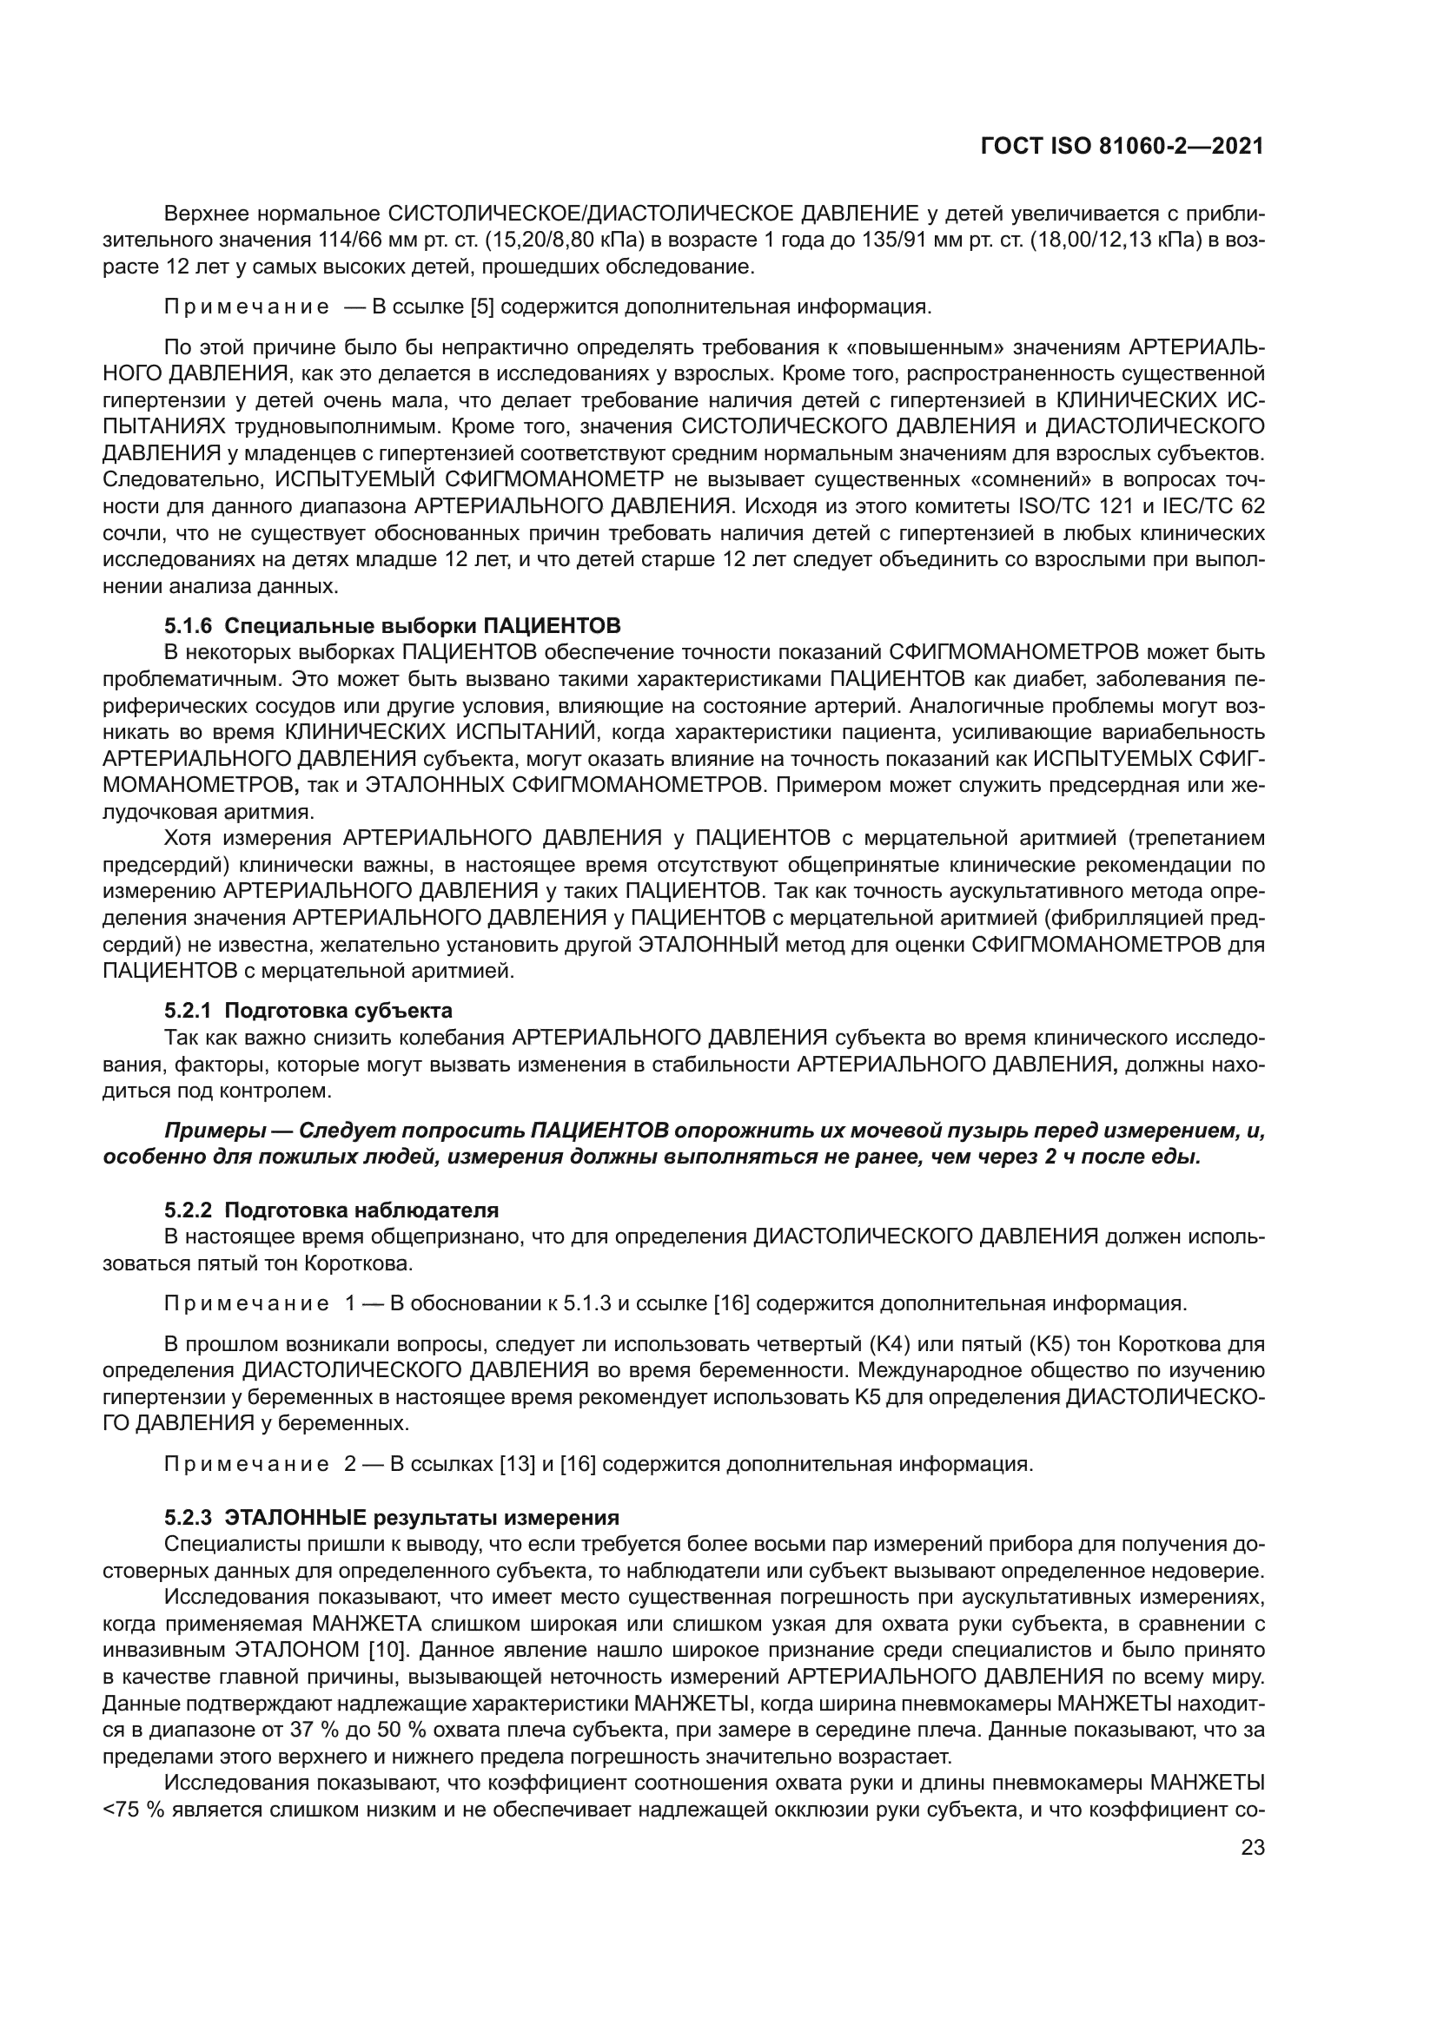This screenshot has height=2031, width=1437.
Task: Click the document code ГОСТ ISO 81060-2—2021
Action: coord(1122,147)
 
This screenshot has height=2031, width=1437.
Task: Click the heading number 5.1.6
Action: coord(189,626)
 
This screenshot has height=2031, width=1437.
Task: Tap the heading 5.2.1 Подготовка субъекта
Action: coord(308,1011)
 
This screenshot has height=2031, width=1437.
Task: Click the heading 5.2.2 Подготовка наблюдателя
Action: coord(331,1210)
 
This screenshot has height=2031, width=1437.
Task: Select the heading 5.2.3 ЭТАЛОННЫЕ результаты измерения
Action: coord(391,1519)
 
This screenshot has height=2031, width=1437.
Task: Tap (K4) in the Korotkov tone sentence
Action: coord(885,1344)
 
